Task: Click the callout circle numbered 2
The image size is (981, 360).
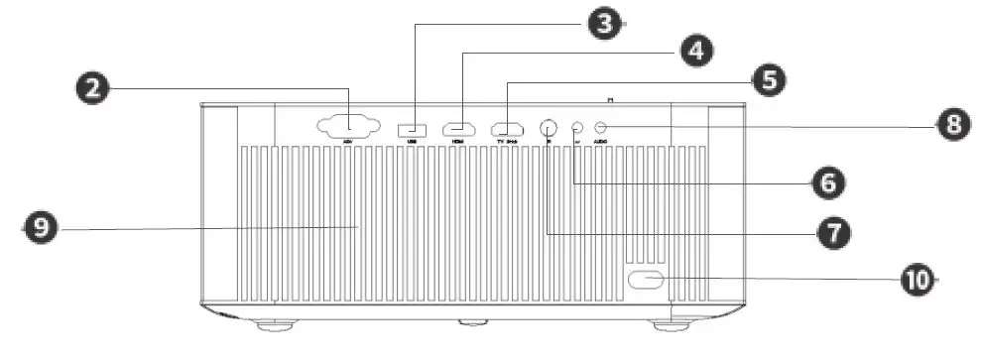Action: (x=94, y=88)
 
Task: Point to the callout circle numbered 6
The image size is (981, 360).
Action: (x=828, y=181)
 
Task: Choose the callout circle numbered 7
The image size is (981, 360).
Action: (x=831, y=232)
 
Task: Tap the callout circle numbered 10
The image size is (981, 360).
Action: (x=919, y=280)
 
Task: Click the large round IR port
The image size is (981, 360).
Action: (x=548, y=128)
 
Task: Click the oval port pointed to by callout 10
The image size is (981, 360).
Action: (x=645, y=280)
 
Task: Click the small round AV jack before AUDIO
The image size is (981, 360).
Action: (x=577, y=127)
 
